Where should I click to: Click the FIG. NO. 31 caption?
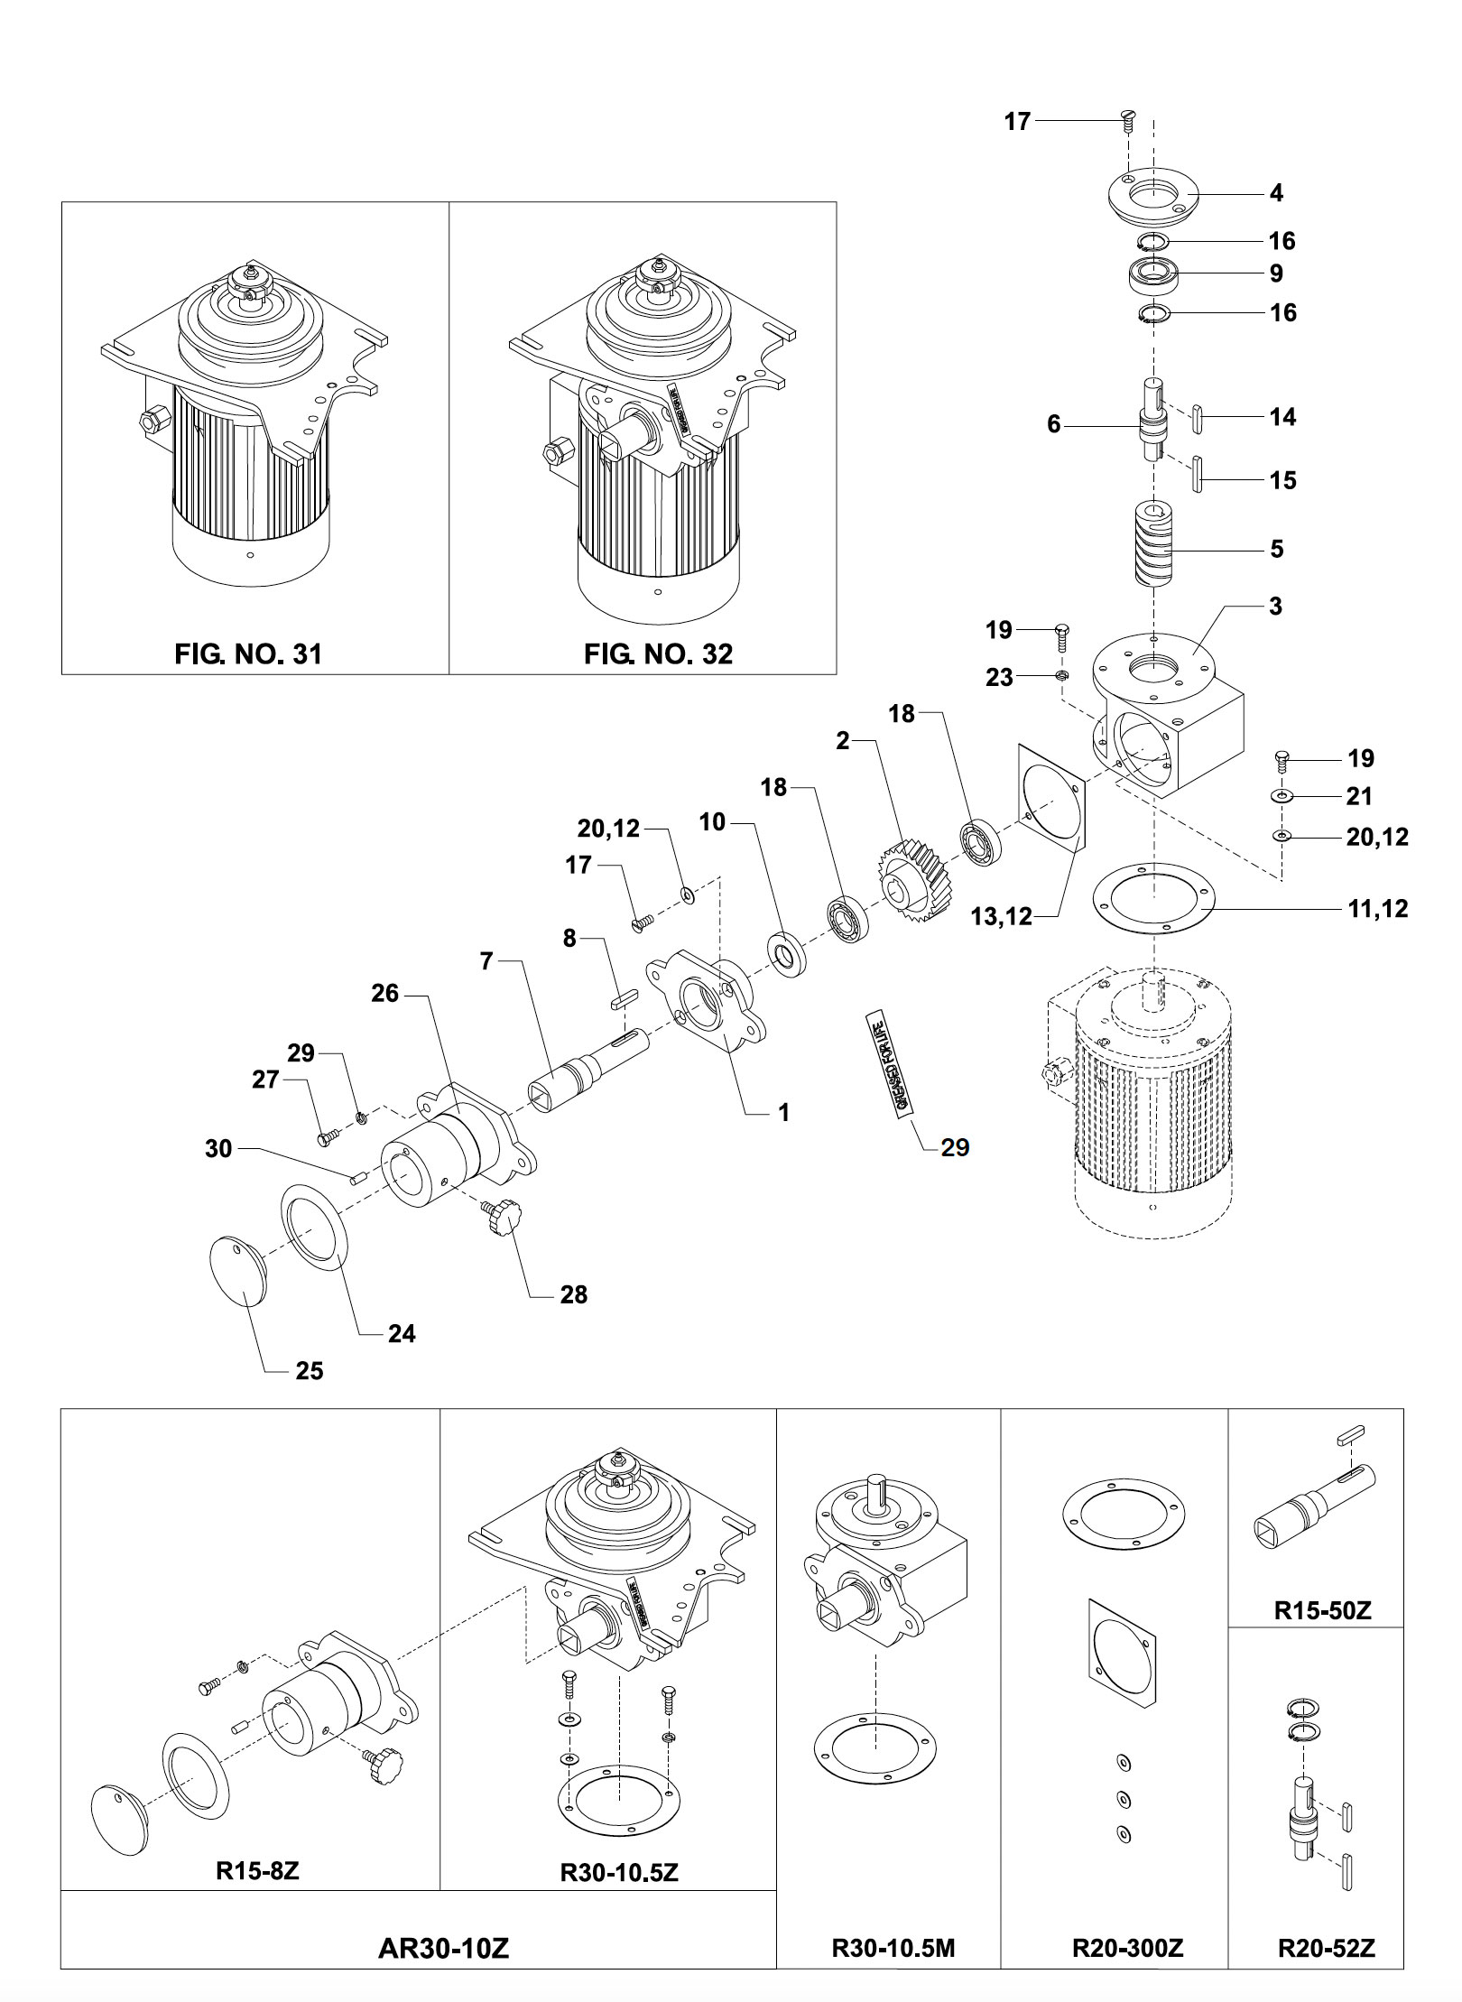[x=247, y=653]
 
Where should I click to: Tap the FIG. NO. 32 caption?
[x=658, y=653]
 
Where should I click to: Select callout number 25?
[x=309, y=1371]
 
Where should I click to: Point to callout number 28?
[x=573, y=1294]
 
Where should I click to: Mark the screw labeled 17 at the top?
[x=1127, y=120]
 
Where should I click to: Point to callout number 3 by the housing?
[x=1274, y=607]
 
